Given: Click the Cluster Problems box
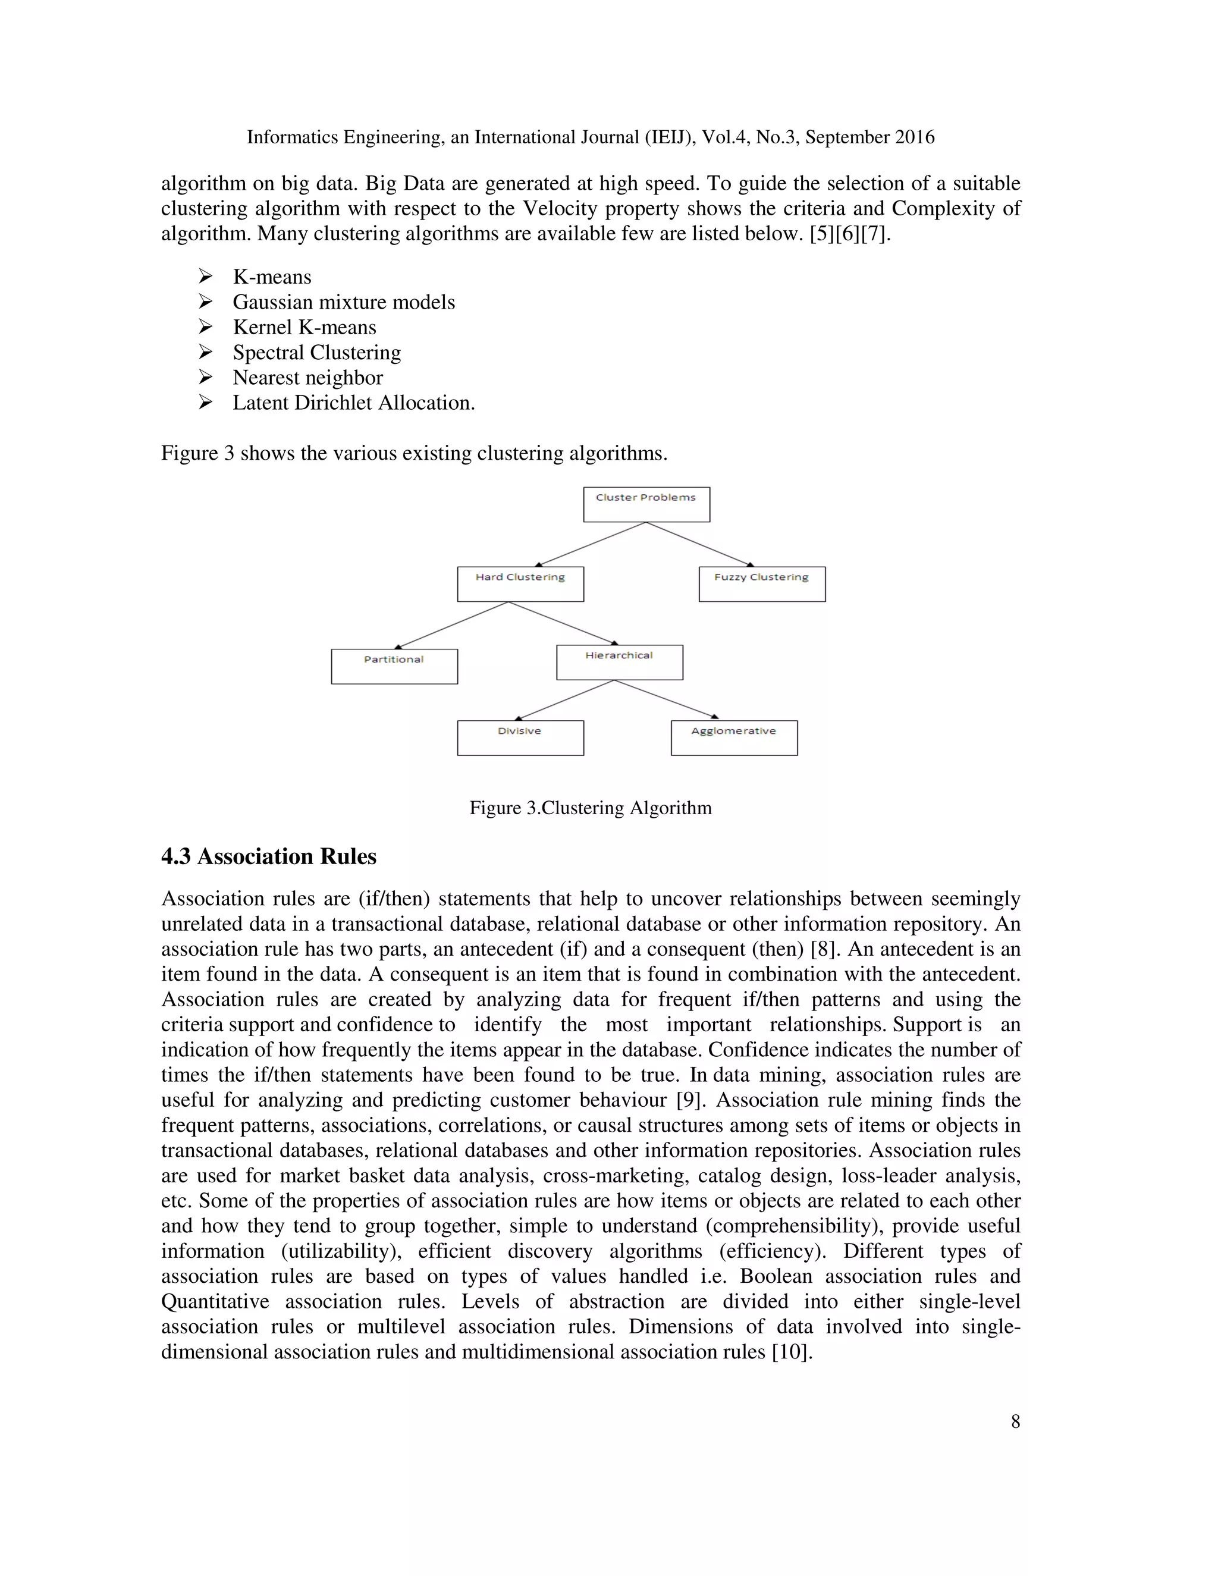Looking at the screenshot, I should (x=646, y=504).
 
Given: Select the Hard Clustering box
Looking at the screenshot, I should (x=520, y=584).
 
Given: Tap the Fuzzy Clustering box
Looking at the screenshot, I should (x=761, y=584).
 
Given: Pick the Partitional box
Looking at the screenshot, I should (x=394, y=666).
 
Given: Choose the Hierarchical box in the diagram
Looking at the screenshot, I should (x=619, y=662).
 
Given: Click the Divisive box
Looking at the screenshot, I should (x=520, y=737).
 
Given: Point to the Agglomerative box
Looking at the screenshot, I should (x=734, y=737).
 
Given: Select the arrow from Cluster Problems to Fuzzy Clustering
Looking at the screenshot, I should (x=700, y=544).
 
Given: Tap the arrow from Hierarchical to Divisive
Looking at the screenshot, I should (x=564, y=700).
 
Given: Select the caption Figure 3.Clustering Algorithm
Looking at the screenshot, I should (x=590, y=808).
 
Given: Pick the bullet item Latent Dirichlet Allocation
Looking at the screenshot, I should (x=354, y=403).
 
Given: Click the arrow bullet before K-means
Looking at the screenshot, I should (x=206, y=277).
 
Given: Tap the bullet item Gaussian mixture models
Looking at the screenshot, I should (x=344, y=302).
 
